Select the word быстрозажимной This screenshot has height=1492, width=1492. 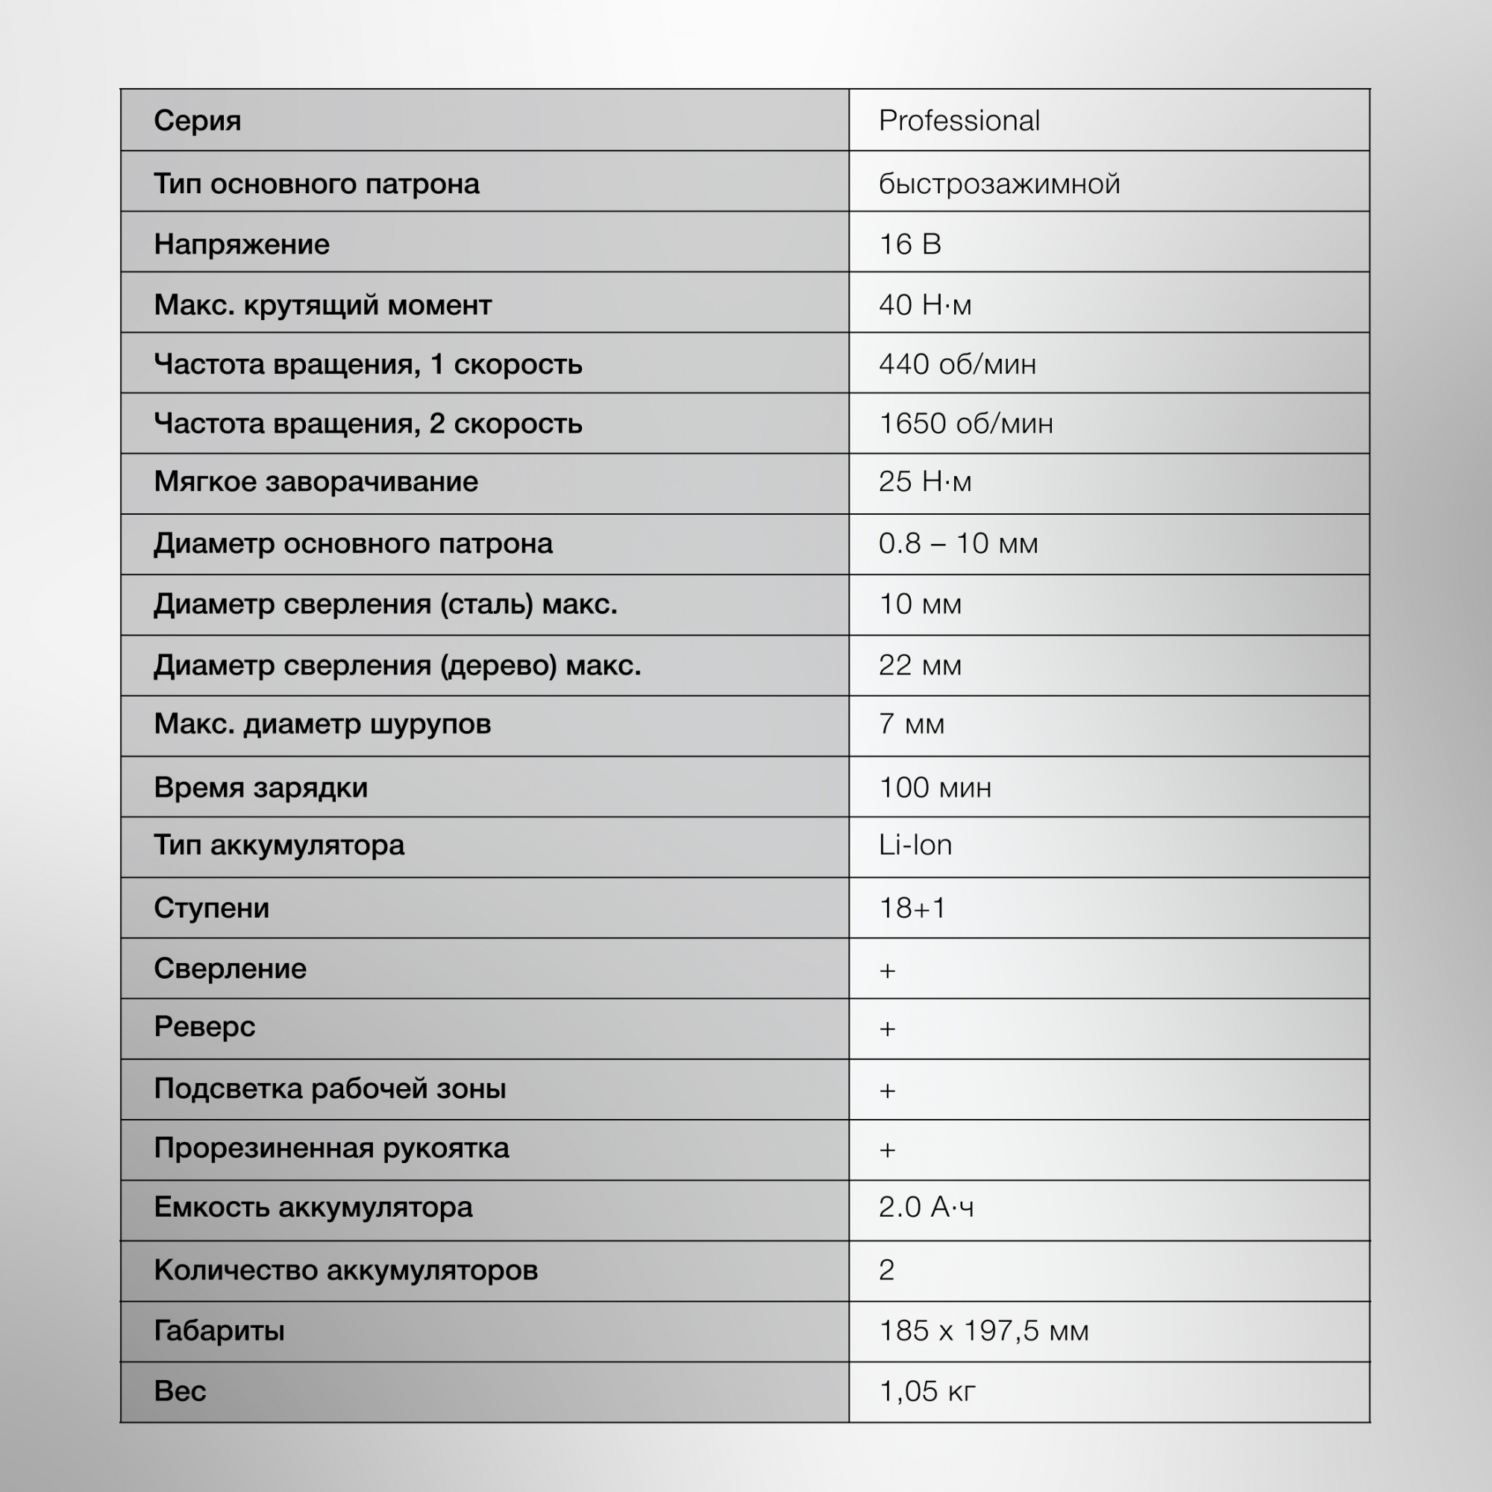coord(1000,184)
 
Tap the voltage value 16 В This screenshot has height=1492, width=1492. coord(909,244)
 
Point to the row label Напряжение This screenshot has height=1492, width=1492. coord(242,244)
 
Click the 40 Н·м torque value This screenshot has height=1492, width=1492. coord(925,305)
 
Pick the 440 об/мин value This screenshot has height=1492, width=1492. coord(958,364)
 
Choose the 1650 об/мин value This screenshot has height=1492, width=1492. coord(965,423)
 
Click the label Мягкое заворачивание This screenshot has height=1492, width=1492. coord(316,482)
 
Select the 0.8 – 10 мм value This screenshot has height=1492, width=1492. coord(959,544)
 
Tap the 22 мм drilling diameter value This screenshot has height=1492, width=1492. coord(920,665)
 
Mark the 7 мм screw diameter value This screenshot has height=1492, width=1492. coord(912,724)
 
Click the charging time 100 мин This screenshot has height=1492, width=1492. coord(935,788)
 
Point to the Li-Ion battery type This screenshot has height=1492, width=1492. coord(915,845)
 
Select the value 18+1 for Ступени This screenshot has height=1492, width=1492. coord(912,908)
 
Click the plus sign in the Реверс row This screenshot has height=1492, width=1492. coord(887,1029)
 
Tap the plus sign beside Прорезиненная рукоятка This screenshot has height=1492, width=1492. coord(887,1150)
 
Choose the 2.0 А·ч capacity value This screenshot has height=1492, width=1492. coord(926,1207)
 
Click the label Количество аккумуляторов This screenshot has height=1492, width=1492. coord(346,1270)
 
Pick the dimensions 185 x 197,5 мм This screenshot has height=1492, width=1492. coord(984,1331)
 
